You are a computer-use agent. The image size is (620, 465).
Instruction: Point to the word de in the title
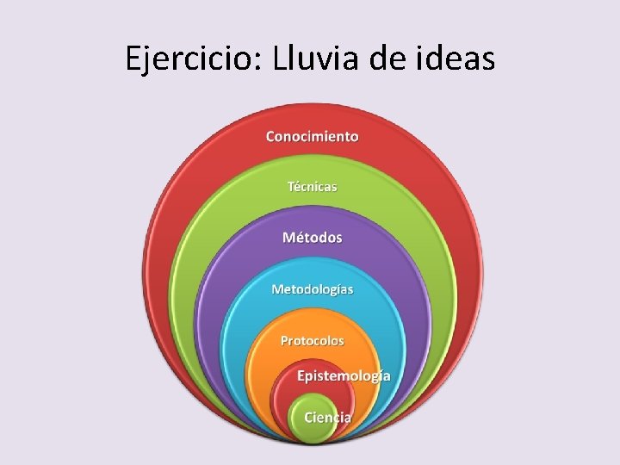388,59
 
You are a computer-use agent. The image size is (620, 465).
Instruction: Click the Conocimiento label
312,136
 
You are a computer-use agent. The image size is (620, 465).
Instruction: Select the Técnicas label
312,186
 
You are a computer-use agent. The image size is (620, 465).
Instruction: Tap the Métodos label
312,237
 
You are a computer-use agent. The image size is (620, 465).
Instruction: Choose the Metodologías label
312,288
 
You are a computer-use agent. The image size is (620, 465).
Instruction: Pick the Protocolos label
312,340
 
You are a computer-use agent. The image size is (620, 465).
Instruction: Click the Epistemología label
344,375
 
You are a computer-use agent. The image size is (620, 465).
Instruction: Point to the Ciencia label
327,417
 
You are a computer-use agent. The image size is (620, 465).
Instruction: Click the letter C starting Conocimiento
270,136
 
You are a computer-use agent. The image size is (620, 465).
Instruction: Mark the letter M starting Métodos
288,237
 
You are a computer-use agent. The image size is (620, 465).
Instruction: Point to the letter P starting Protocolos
285,340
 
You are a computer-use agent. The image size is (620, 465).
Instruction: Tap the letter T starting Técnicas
291,186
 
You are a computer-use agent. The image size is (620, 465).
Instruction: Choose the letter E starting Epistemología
301,375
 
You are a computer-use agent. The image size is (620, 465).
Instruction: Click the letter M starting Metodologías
277,288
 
